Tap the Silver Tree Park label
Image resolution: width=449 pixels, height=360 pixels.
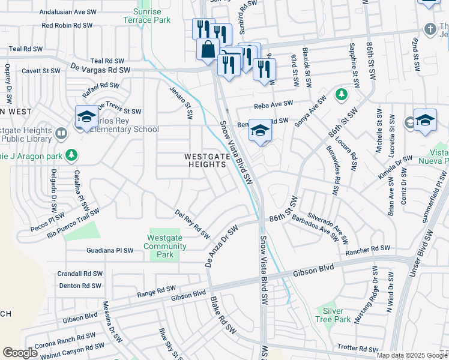[333, 315]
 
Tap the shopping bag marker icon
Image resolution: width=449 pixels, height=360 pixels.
[208, 49]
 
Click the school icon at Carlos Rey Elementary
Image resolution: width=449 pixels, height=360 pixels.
[86, 116]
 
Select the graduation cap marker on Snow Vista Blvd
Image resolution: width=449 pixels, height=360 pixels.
[259, 130]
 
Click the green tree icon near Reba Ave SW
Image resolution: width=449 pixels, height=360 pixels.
[342, 94]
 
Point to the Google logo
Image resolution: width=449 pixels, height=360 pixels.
[20, 353]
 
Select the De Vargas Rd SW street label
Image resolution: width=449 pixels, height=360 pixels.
[100, 70]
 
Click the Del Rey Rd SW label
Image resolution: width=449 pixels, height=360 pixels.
[192, 223]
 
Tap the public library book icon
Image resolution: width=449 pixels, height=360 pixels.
[61, 133]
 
